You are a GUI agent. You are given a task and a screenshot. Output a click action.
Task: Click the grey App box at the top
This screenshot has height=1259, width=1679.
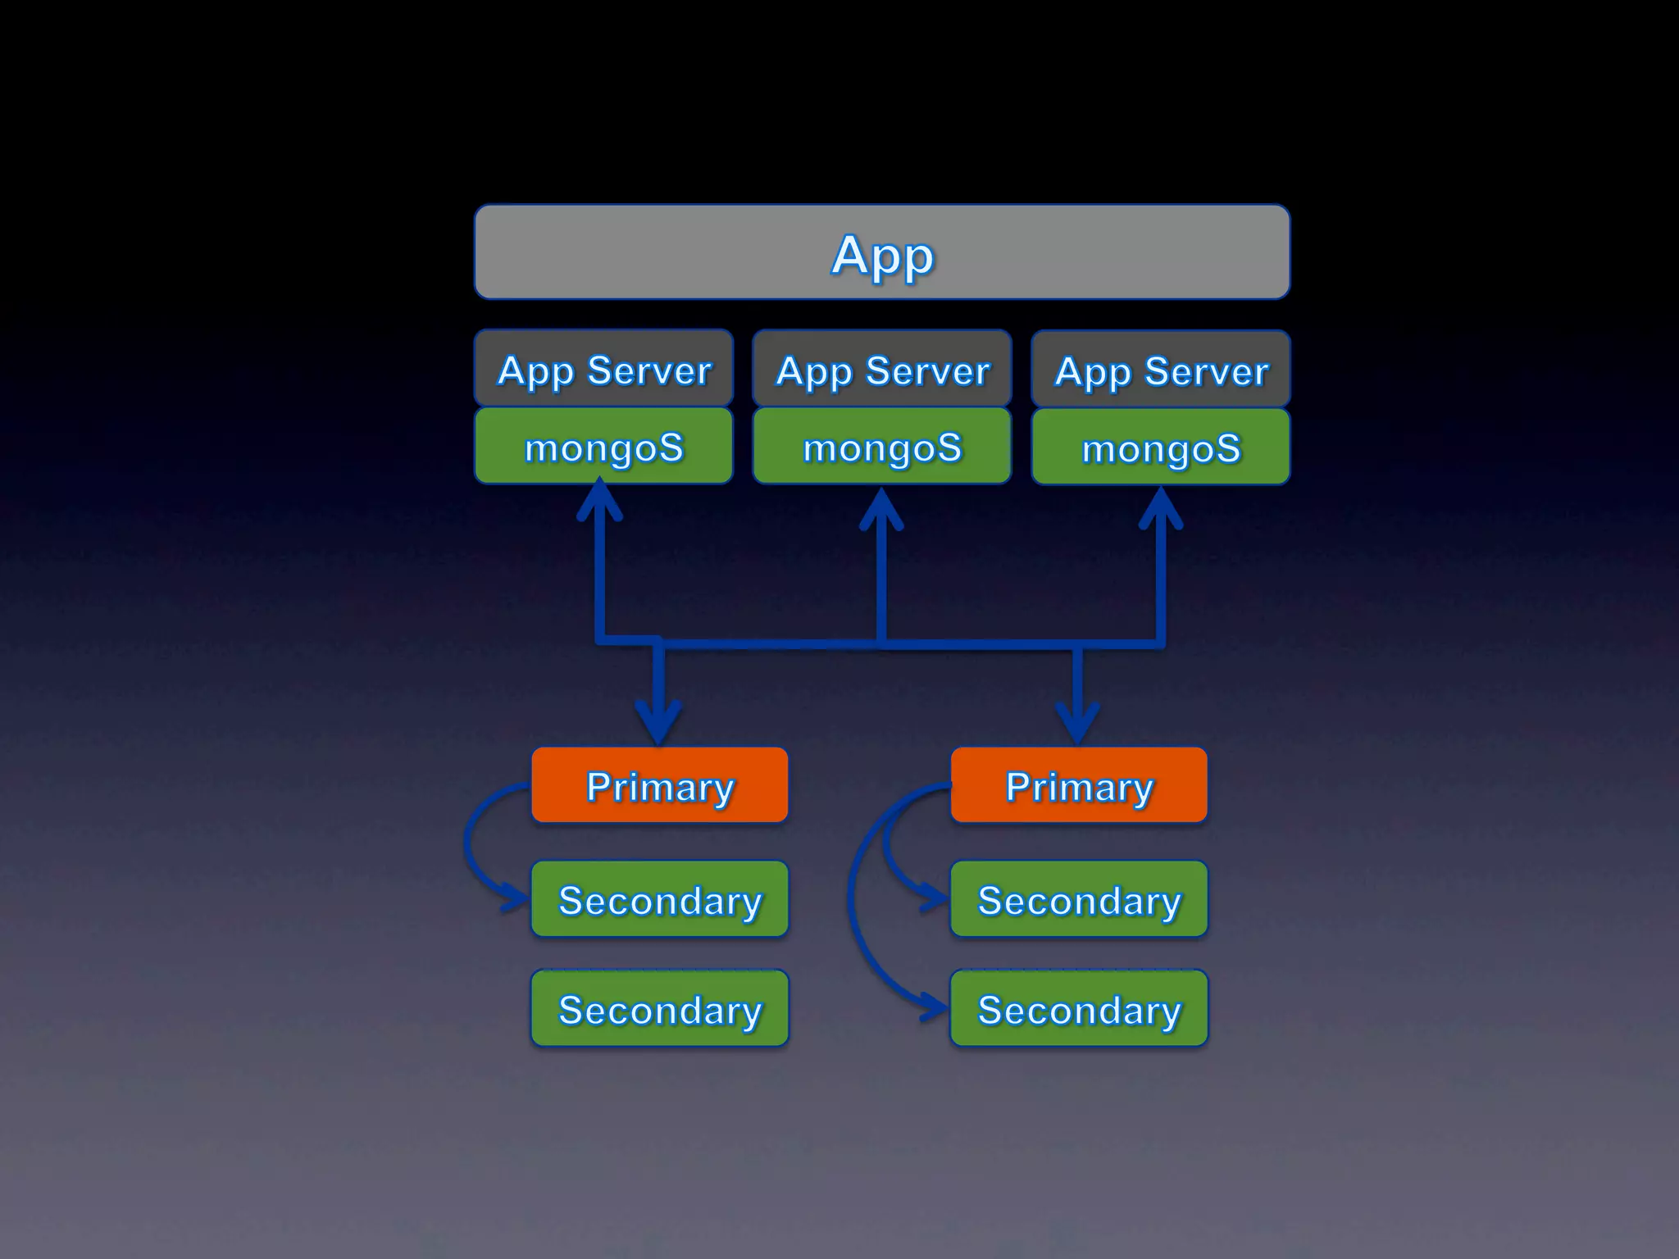(x=882, y=252)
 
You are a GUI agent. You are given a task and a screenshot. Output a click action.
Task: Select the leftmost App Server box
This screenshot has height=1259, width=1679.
(x=603, y=369)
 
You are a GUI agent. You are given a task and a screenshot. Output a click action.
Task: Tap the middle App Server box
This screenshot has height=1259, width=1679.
(x=882, y=370)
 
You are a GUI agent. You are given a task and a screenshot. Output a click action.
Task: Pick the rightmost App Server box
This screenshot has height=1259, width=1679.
(x=1161, y=370)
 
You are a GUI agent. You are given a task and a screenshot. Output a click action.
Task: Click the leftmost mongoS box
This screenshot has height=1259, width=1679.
(x=603, y=446)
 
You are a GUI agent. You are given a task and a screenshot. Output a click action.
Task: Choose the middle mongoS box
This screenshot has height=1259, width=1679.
(x=882, y=447)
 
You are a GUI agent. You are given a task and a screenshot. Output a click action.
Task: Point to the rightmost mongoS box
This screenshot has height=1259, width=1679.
(x=1161, y=448)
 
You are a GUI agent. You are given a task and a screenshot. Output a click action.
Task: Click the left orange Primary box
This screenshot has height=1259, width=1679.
(x=660, y=785)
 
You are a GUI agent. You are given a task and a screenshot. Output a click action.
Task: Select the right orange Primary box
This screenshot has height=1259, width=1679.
(x=1079, y=785)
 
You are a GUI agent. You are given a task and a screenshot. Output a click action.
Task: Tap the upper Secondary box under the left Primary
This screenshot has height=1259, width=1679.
(x=660, y=899)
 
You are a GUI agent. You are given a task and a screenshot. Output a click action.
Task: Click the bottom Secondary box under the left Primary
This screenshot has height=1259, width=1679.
(x=660, y=1008)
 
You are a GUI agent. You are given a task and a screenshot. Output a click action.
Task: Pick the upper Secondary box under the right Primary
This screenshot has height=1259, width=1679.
(x=1079, y=899)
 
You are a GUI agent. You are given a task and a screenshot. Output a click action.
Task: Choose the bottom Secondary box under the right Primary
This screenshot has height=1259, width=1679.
(x=1079, y=1008)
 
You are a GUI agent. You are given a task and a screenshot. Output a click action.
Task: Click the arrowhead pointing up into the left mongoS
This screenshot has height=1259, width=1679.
(x=600, y=498)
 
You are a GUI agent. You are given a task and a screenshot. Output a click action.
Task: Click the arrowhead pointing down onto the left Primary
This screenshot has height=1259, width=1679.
(x=659, y=725)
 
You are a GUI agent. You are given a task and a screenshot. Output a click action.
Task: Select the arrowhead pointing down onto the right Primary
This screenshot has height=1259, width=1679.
(x=1078, y=725)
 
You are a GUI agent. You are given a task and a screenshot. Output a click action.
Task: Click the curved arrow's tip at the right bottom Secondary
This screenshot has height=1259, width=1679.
(x=936, y=1007)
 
